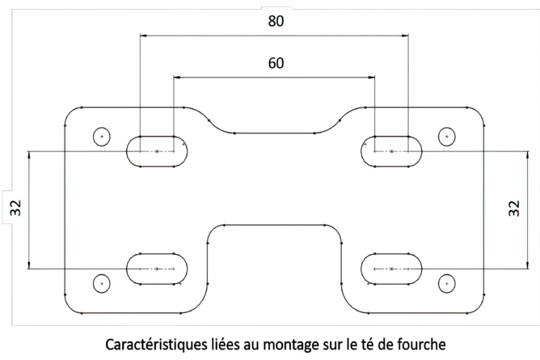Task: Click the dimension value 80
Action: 276,22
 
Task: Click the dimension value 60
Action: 276,63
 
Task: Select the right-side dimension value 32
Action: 514,209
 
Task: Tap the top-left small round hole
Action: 102,137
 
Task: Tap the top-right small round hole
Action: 446,137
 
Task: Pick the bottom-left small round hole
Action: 101,283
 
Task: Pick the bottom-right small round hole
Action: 446,283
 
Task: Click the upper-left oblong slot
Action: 156,151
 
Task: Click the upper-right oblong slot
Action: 391,151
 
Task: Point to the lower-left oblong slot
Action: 156,268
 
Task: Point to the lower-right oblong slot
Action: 391,268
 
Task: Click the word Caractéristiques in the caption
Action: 153,343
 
